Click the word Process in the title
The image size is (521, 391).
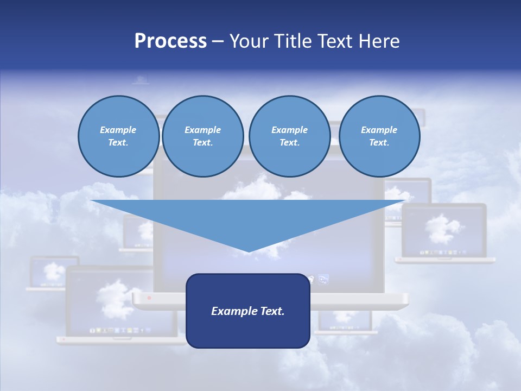click(x=170, y=41)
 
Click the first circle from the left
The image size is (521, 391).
click(x=118, y=136)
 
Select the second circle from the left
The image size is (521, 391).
click(x=203, y=136)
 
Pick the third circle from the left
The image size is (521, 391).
click(x=289, y=136)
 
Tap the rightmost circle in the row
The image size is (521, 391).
click(x=379, y=136)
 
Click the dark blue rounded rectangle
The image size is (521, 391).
click(x=248, y=326)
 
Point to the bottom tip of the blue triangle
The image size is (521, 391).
click(x=249, y=252)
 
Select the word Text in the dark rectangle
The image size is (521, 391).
click(x=272, y=311)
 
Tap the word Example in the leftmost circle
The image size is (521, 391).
click(x=118, y=130)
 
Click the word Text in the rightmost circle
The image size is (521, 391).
click(x=378, y=143)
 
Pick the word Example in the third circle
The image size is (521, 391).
click(x=289, y=130)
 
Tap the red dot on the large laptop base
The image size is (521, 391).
click(x=149, y=298)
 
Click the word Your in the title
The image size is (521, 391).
click(x=249, y=41)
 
